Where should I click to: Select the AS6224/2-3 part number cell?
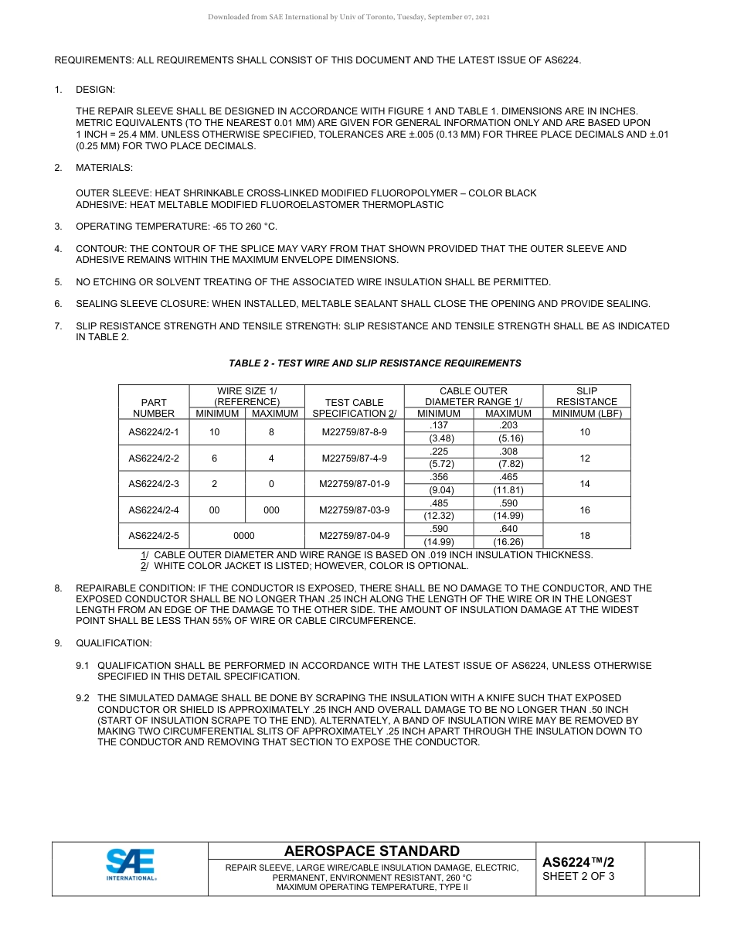pyautogui.click(x=153, y=484)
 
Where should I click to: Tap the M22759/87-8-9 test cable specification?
pyautogui.click(x=354, y=432)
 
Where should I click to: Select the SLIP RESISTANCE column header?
pyautogui.click(x=586, y=396)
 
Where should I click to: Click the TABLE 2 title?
pyautogui.click(x=375, y=363)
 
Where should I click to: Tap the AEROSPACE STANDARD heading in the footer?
pyautogui.click(x=372, y=851)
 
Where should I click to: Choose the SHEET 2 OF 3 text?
pyautogui.click(x=579, y=877)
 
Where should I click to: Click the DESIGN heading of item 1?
pyautogui.click(x=95, y=90)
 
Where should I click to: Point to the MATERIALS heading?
pyautogui.click(x=104, y=168)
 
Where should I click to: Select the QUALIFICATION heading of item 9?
pyautogui.click(x=114, y=643)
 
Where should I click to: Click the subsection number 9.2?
pyautogui.click(x=83, y=698)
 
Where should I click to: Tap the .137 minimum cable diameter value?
pyautogui.click(x=439, y=426)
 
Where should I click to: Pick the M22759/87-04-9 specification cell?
pyautogui.click(x=354, y=536)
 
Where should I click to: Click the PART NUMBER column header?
pyautogui.click(x=153, y=407)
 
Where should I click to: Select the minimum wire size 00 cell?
pyautogui.click(x=215, y=510)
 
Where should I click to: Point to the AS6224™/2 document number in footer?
pyautogui.click(x=579, y=861)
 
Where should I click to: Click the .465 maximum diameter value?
pyautogui.click(x=508, y=478)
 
